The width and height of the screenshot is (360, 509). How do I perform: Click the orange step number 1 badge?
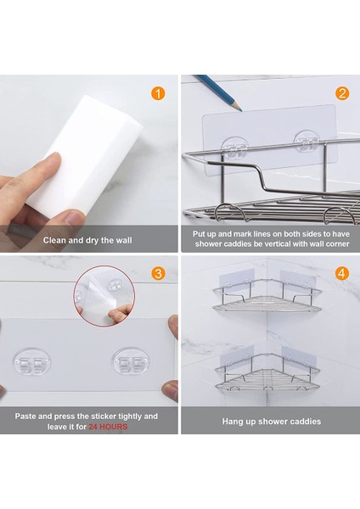click(x=158, y=94)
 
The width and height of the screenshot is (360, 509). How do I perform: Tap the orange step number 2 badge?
click(x=342, y=93)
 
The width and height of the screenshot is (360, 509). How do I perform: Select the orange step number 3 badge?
click(x=158, y=273)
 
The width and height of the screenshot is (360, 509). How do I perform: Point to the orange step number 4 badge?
click(x=342, y=273)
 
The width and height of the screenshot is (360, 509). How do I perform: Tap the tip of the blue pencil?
click(x=240, y=109)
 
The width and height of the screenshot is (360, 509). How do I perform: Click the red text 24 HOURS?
click(x=108, y=427)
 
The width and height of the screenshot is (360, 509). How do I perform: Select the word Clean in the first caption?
click(x=54, y=240)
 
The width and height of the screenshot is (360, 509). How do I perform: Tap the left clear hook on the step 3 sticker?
click(x=32, y=361)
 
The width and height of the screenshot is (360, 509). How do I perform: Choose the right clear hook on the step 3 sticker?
click(x=131, y=361)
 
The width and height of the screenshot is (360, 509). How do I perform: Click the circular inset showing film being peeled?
click(x=104, y=296)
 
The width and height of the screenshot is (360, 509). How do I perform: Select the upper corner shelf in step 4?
click(x=267, y=295)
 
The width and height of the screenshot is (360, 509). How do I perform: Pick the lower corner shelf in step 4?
click(x=267, y=372)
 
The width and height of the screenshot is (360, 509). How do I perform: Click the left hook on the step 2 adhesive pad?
click(x=234, y=148)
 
